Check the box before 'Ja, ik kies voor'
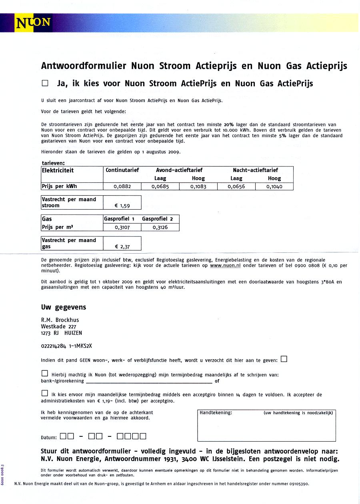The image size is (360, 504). click(x=45, y=84)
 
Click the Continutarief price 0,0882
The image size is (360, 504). click(x=122, y=186)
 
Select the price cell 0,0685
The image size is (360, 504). click(x=160, y=186)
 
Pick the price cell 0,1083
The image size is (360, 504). click(x=198, y=186)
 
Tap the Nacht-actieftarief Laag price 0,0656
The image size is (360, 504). click(x=236, y=186)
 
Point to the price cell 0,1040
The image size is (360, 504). click(x=274, y=186)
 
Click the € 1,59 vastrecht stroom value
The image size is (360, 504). click(x=122, y=206)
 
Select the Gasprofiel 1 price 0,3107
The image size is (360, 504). click(x=122, y=227)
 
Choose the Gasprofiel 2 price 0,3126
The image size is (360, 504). click(x=160, y=227)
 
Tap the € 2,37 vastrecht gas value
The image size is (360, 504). click(x=122, y=247)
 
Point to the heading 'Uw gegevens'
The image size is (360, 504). click(x=64, y=307)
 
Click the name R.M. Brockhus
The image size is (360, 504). click(x=60, y=320)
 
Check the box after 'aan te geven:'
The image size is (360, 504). click(x=284, y=359)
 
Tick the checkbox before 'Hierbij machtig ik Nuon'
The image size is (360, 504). click(x=45, y=373)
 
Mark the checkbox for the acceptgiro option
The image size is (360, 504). click(x=45, y=393)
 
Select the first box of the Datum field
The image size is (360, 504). click(x=63, y=436)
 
